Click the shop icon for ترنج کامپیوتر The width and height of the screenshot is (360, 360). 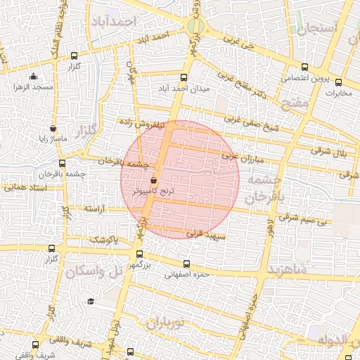coord(154,180)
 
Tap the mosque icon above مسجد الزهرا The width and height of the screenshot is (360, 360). coord(32,77)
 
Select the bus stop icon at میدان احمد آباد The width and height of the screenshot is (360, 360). coord(184,77)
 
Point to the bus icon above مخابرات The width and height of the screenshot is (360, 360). coord(339,82)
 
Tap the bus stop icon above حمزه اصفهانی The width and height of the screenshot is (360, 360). coord(186,264)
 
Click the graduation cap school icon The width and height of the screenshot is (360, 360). coord(90,302)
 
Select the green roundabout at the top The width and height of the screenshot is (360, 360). coord(195,27)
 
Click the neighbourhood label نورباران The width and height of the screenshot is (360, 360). coord(164,323)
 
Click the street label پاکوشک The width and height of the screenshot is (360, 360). coord(103,240)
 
